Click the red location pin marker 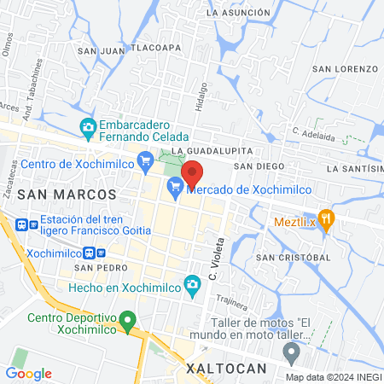point(193,173)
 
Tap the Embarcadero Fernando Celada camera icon point(88,128)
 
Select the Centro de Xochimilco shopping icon point(145,159)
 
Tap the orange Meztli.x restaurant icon point(325,218)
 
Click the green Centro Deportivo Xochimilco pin point(128,323)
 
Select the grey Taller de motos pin point(292,351)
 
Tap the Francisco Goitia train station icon point(20,225)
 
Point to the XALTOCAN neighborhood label point(226,368)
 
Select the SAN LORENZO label point(345,68)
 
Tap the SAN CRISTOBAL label point(294,257)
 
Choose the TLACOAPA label point(154,48)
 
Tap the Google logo point(28,373)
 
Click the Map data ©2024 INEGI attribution point(333,376)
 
